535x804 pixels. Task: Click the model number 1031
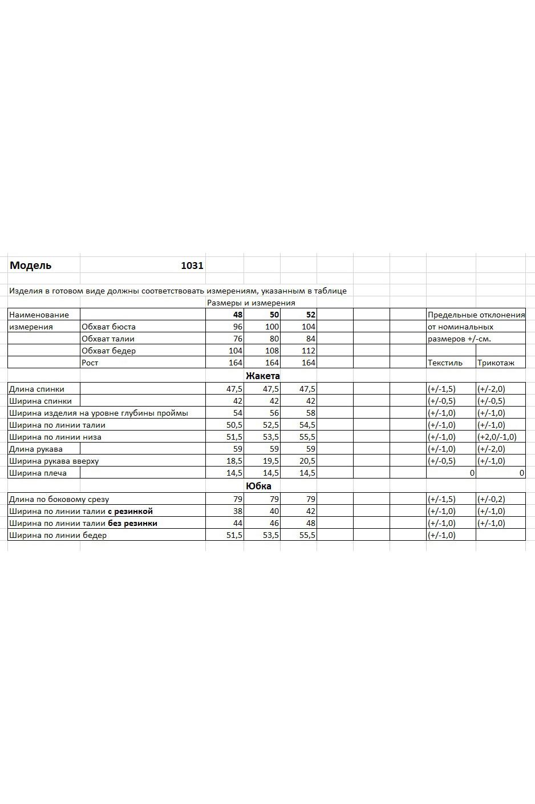click(192, 266)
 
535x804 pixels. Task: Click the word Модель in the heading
click(30, 266)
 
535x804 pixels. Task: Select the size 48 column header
click(237, 315)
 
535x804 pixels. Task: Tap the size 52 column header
click(310, 315)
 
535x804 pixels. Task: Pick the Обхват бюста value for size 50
click(272, 327)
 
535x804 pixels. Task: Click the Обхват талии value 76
click(238, 339)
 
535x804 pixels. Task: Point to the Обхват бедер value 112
click(309, 351)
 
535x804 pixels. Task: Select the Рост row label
click(90, 363)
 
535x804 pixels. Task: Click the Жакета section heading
click(262, 376)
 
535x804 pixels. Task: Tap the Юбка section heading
click(258, 486)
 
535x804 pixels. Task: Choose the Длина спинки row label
click(37, 389)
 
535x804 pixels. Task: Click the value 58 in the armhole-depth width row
click(310, 413)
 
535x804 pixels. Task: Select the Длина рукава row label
click(36, 449)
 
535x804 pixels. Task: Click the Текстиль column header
click(445, 363)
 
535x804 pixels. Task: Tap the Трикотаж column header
click(496, 363)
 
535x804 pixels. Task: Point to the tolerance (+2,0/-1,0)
click(497, 437)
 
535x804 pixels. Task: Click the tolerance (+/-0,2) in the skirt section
click(491, 499)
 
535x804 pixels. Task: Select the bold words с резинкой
click(130, 511)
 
